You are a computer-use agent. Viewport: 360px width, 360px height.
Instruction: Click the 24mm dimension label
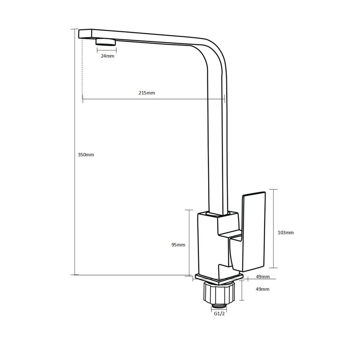pos(107,56)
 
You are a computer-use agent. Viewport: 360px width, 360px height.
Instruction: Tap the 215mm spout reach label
pos(147,93)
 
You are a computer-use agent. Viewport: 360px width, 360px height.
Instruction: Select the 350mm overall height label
pos(86,154)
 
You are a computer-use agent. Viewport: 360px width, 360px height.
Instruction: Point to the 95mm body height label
pos(178,245)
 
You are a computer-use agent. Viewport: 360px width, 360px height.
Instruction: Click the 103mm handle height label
pos(285,233)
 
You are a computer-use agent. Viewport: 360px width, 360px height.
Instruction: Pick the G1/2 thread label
pos(219,314)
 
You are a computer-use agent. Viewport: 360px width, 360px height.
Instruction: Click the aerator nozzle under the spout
pos(106,42)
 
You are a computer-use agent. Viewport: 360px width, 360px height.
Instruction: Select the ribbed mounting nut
pos(219,292)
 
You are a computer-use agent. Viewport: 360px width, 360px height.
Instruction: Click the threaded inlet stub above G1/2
pos(219,305)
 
